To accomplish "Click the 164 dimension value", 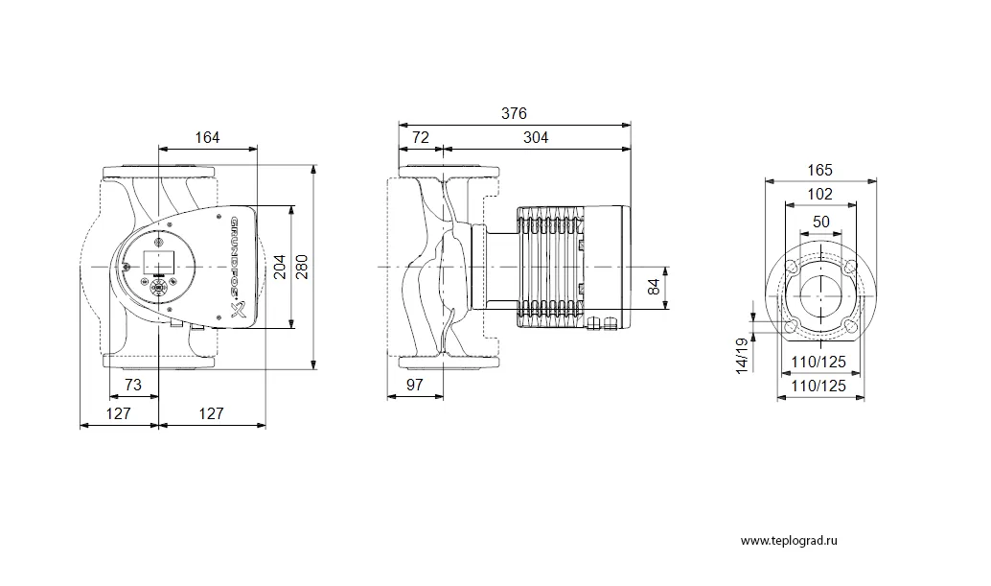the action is (x=207, y=137).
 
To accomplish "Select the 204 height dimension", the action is (x=280, y=267).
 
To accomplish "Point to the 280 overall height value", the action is (x=302, y=267).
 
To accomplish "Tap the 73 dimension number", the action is (x=132, y=385).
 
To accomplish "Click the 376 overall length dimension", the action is (x=514, y=113).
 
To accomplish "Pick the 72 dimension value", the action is (x=421, y=137).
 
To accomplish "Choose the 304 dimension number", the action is (x=536, y=137).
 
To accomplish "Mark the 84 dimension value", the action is (x=655, y=287).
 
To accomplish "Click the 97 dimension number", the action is (x=415, y=385).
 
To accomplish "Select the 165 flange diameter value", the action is (x=819, y=170).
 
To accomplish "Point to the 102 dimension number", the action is (x=819, y=194).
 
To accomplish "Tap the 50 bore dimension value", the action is (x=821, y=222).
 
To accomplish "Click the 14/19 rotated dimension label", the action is (x=742, y=355).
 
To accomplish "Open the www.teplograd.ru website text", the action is (x=789, y=541).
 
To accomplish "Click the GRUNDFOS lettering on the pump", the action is (x=233, y=255).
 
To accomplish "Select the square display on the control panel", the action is (x=158, y=262).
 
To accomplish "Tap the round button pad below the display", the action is (x=157, y=288).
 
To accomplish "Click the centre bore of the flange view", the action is (x=820, y=295).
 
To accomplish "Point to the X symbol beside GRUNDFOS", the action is (x=238, y=310).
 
